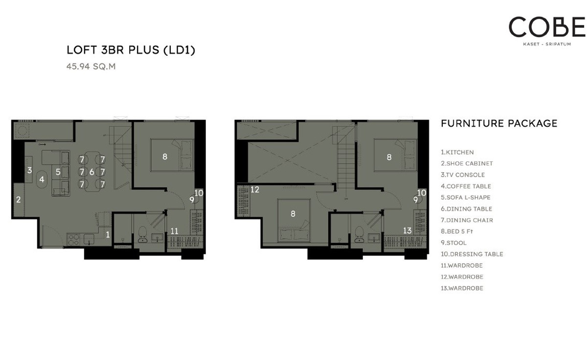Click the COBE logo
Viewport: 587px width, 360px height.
pos(547,30)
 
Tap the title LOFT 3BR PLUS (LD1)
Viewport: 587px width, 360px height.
pos(131,50)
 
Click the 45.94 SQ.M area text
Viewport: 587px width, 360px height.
pos(91,67)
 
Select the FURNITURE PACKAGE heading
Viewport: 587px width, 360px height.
pos(499,123)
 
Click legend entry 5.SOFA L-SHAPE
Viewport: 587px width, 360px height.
pos(465,197)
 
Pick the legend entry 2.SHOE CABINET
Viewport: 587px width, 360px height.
pos(467,163)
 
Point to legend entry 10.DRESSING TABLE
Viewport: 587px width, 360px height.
pos(472,254)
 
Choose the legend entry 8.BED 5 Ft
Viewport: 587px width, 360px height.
pos(457,231)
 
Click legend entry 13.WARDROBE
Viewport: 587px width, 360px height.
pos(462,288)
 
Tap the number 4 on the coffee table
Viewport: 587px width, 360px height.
pos(42,180)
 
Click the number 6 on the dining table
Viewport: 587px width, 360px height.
pos(92,172)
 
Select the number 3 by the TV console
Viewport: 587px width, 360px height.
pos(30,170)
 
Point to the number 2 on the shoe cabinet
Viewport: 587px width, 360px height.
pos(19,200)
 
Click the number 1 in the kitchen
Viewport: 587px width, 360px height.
pos(108,234)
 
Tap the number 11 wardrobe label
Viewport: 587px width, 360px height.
pos(174,231)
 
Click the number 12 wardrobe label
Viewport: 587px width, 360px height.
pos(255,189)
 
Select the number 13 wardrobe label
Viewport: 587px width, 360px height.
pos(407,230)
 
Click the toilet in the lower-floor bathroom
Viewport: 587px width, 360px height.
pos(142,234)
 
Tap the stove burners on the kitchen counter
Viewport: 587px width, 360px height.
pos(74,240)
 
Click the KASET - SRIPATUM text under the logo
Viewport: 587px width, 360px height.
pos(547,44)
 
